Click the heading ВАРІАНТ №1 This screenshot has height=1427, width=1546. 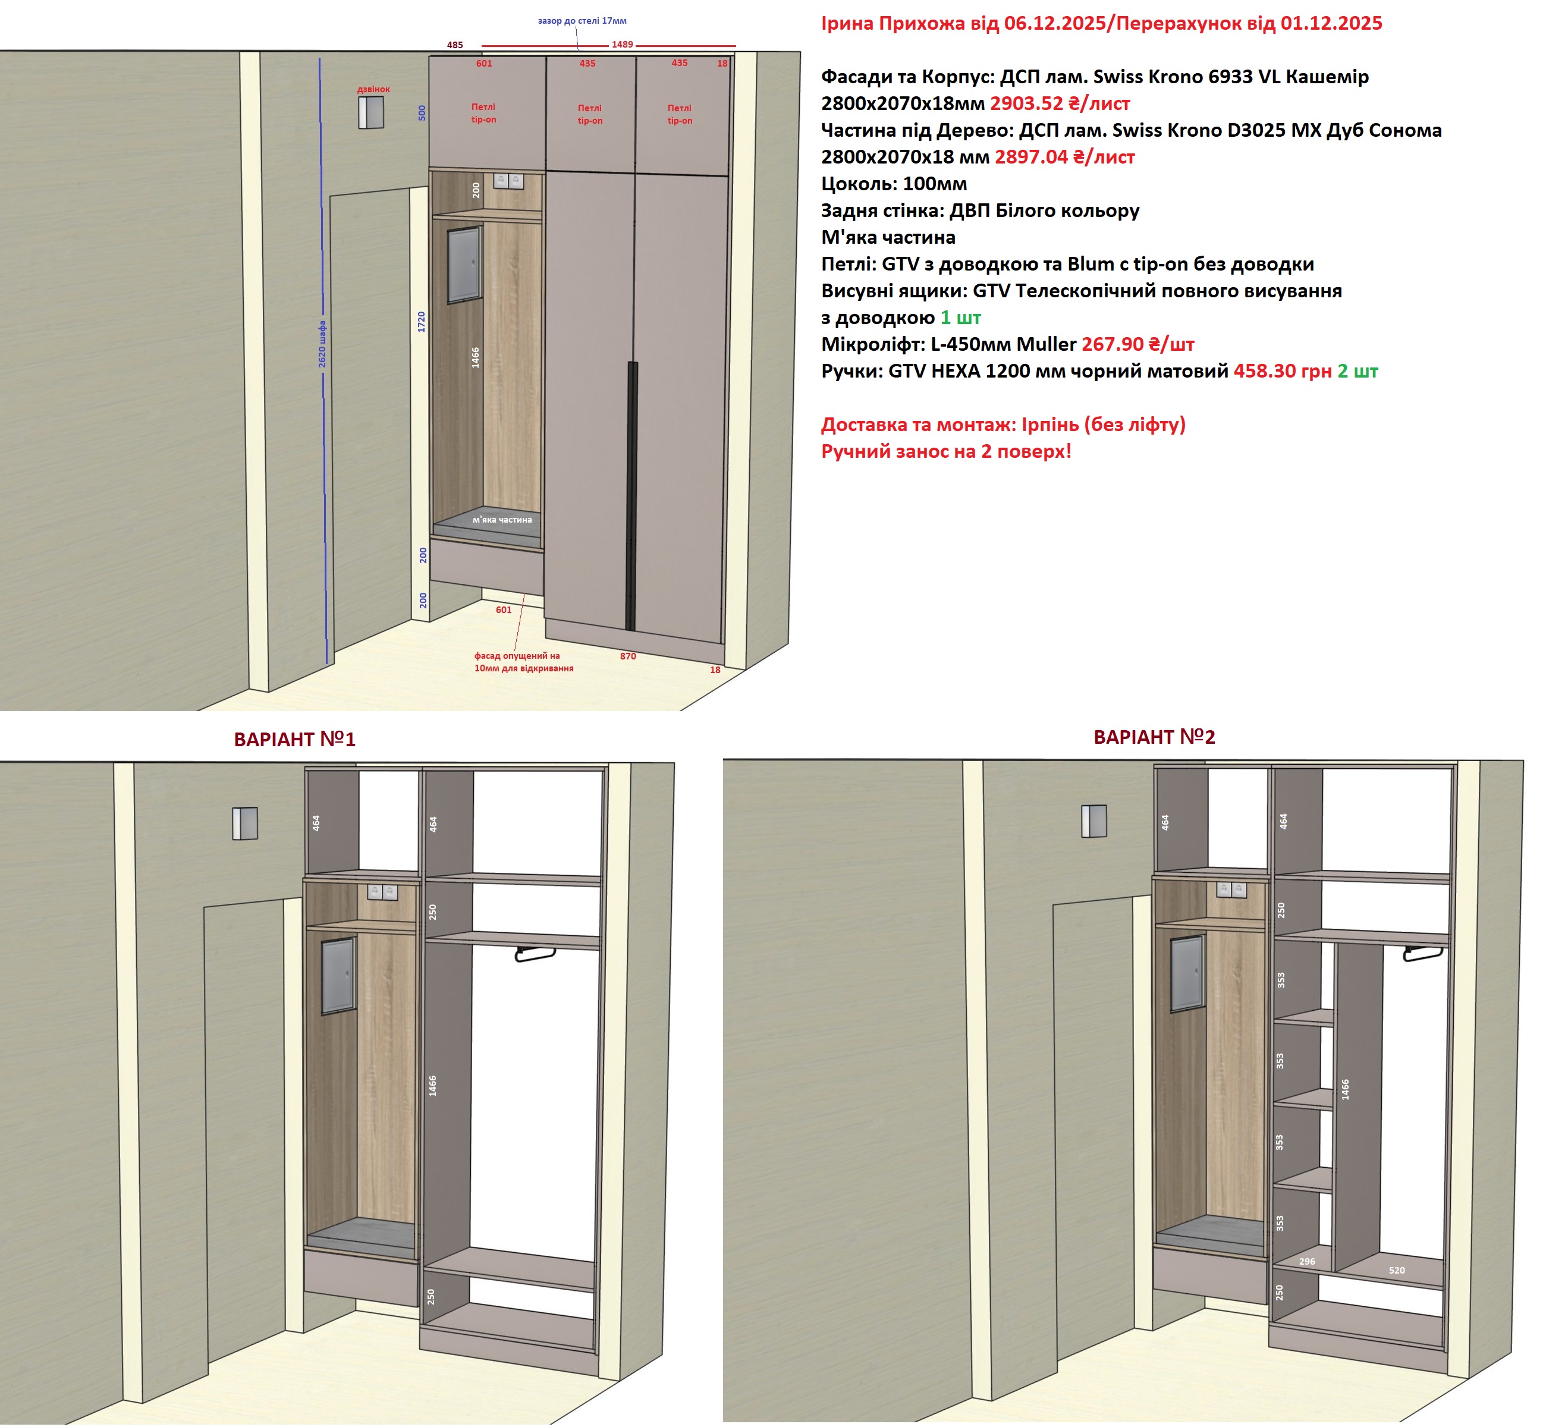[x=295, y=740]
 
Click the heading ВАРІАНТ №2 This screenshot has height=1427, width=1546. [x=1155, y=737]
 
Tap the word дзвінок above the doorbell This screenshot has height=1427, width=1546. [x=374, y=90]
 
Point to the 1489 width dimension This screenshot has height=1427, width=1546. [x=623, y=45]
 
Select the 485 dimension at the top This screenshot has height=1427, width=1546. [x=455, y=45]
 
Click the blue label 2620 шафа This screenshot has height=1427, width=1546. [x=322, y=344]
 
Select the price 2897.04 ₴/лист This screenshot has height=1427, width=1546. [x=1065, y=157]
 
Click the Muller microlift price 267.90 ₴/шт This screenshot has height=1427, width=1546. [x=1138, y=344]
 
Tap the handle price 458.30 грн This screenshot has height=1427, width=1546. [x=1283, y=372]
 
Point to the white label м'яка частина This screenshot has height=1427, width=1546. [x=502, y=520]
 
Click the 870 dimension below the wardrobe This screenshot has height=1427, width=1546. [x=628, y=656]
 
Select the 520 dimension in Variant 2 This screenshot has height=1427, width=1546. [x=1397, y=1270]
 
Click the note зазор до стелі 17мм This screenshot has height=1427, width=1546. [x=582, y=21]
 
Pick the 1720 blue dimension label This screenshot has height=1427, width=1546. [x=422, y=322]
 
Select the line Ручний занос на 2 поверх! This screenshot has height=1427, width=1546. [x=946, y=452]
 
